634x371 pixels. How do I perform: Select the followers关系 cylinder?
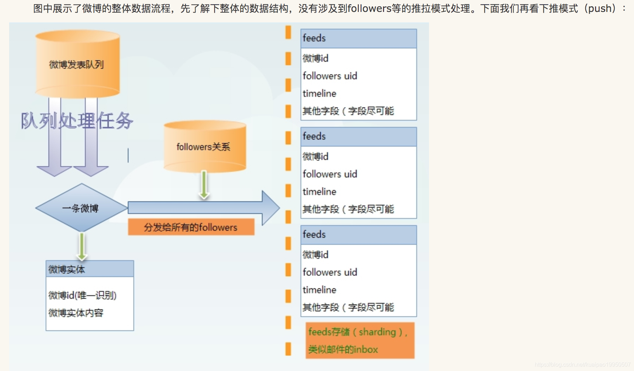204,147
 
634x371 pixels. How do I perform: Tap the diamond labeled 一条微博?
81,208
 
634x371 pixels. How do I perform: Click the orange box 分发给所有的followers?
191,227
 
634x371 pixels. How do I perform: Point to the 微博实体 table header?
90,269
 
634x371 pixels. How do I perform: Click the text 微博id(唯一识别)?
82,295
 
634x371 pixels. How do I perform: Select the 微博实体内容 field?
76,313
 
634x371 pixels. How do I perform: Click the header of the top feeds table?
358,38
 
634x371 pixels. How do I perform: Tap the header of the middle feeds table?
358,136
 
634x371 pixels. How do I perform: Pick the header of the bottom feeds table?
358,235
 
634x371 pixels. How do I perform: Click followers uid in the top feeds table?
330,76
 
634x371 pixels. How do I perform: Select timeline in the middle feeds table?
319,191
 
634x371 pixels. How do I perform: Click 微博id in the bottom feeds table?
316,255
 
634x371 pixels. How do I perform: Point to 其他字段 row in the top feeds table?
348,111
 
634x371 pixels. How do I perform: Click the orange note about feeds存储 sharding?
360,340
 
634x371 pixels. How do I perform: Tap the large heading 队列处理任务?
77,121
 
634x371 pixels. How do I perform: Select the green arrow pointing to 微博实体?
82,247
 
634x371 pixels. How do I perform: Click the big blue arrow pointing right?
204,208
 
